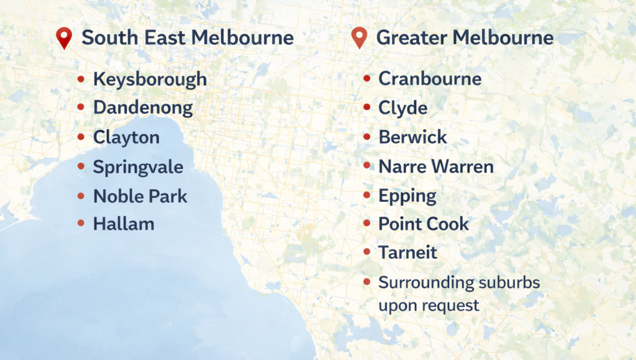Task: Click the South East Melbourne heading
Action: tap(188, 38)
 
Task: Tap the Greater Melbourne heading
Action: tap(465, 38)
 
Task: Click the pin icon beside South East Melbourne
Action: tap(64, 38)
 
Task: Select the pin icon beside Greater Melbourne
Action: tap(359, 38)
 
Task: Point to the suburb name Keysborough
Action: tap(150, 79)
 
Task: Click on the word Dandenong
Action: tap(143, 108)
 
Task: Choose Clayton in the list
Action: tap(126, 137)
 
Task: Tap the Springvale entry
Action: tap(138, 167)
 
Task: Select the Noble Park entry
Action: tap(140, 196)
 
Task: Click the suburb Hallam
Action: tap(124, 224)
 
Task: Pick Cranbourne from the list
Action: tap(430, 79)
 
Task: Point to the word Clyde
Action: tap(402, 108)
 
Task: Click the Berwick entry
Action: tap(412, 137)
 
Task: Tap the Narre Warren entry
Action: tap(436, 166)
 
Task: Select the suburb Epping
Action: tap(407, 196)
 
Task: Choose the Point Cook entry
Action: tap(424, 224)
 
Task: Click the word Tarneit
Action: tap(407, 253)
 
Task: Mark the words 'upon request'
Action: tap(429, 305)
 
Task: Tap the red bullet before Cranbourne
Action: tap(366, 79)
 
